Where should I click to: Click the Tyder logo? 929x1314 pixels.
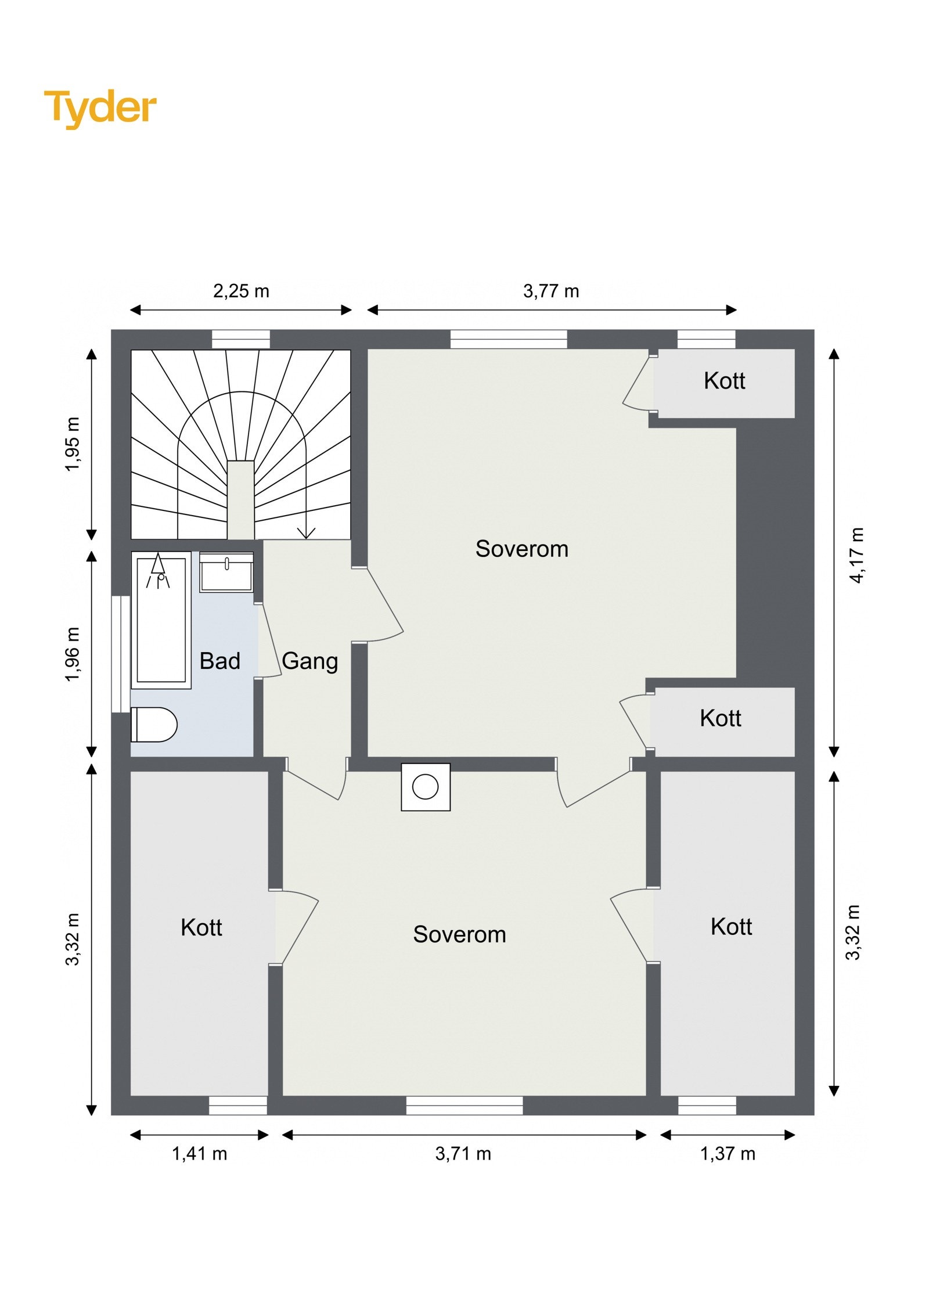[100, 109]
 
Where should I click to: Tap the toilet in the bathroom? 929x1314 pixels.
[154, 724]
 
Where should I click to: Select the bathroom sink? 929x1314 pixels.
[226, 572]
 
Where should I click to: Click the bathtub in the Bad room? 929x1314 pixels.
[161, 620]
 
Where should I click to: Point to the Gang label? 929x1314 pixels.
[309, 661]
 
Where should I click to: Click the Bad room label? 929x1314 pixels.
[219, 661]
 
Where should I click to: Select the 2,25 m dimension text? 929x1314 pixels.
[241, 291]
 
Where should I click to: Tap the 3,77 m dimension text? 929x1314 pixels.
[551, 291]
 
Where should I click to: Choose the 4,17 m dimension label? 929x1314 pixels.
[857, 555]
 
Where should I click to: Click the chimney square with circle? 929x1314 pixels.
[426, 787]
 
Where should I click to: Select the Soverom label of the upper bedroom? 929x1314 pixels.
[522, 549]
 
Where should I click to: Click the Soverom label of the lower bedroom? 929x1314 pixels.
[459, 934]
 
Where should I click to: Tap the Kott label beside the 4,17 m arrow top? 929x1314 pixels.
[724, 380]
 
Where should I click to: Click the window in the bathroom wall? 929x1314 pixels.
[121, 654]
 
